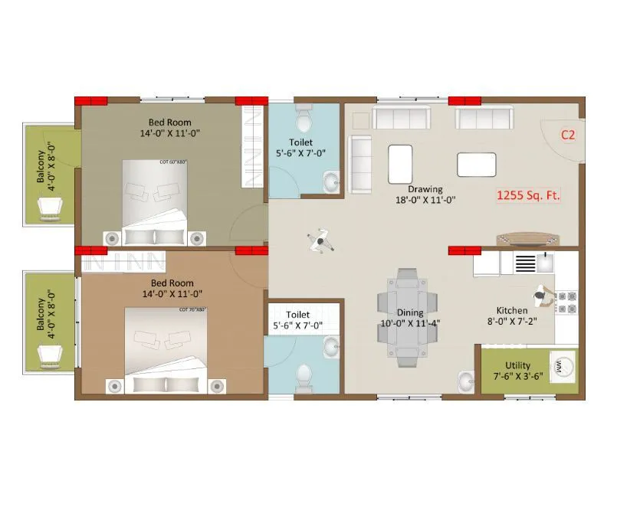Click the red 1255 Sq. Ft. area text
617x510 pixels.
[x=529, y=195]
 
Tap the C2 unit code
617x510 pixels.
[x=568, y=136]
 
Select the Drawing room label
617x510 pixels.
[x=425, y=189]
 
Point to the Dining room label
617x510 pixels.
[x=410, y=312]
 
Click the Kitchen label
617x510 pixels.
[x=511, y=310]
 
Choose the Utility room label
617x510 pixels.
[x=518, y=365]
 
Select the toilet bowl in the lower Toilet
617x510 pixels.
[x=304, y=376]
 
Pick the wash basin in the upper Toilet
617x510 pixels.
[x=331, y=182]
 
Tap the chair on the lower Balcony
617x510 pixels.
[x=51, y=354]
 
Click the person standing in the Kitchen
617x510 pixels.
[x=542, y=295]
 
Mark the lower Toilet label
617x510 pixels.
[x=297, y=315]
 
